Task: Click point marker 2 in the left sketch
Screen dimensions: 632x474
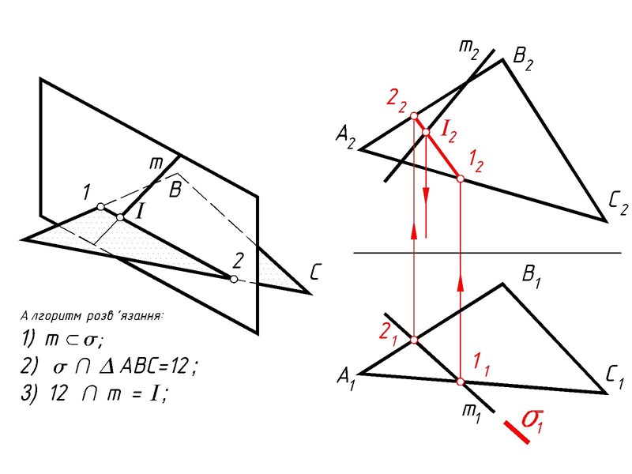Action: click(233, 279)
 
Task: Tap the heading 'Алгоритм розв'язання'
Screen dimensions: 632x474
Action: click(92, 316)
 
